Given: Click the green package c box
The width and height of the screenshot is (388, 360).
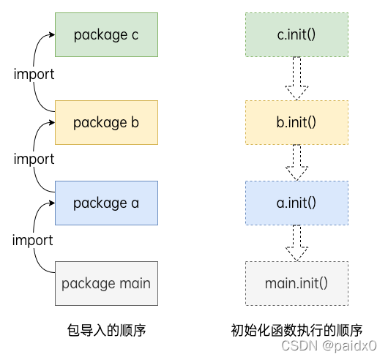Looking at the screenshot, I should coord(106,34).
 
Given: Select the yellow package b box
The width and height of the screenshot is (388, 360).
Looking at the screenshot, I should coord(106,122).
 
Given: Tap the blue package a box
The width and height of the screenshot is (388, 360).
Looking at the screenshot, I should coord(106,203).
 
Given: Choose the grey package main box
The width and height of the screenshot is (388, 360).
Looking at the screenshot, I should coord(106,283).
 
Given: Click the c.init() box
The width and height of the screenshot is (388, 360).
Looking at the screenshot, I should coord(296,34).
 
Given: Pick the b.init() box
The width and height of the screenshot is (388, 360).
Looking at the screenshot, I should coord(296,122).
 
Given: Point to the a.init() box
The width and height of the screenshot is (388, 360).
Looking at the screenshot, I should coord(296,203).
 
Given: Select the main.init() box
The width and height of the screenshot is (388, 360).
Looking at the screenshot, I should coord(296,283).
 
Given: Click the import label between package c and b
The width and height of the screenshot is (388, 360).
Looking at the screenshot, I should coord(34,75).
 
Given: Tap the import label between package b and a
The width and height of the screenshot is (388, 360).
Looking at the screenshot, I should coord(34,159).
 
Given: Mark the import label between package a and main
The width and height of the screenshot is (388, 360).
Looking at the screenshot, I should coord(34,240).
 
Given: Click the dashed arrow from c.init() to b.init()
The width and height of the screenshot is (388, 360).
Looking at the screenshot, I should coord(296,78).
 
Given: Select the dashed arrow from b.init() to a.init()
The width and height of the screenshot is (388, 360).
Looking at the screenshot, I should coord(296,162).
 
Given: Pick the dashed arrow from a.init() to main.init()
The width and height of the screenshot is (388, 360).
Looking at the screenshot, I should coord(296,243).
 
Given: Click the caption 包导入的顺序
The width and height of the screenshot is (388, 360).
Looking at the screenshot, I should coord(106,331).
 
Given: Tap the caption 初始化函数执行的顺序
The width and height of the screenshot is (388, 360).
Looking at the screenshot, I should coord(296,331).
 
